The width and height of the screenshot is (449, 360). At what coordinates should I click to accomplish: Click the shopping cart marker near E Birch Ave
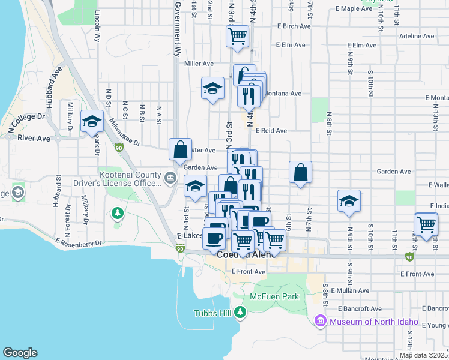238,36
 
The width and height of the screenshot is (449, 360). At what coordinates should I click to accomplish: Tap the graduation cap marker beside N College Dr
92,122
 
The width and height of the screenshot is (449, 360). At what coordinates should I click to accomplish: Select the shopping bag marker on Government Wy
181,149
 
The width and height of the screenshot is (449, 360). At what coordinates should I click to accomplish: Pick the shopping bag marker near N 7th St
300,172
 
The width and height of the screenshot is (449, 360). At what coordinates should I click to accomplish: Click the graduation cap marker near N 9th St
349,202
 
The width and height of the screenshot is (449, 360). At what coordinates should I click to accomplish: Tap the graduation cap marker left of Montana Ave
212,89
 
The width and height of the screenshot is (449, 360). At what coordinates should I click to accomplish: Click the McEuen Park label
274,296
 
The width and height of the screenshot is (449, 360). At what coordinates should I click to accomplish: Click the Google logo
20,352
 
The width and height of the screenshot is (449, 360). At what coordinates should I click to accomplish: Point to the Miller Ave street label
199,64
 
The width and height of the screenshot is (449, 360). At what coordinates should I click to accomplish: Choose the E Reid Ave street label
271,130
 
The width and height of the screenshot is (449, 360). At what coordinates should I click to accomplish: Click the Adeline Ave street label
416,36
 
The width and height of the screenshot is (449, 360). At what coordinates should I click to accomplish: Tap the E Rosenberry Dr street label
79,242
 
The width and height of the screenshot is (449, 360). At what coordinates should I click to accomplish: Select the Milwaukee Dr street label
124,131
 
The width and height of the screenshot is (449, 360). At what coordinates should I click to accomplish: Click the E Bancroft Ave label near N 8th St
359,308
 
